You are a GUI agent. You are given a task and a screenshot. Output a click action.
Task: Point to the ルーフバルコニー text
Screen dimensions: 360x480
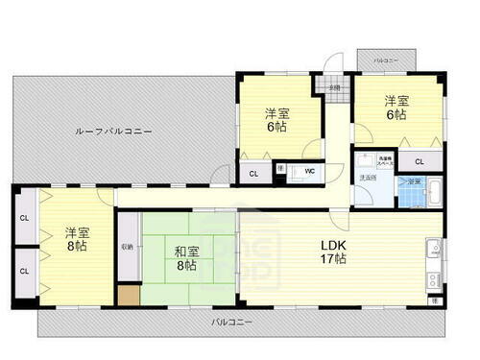pyautogui.click(x=114, y=131)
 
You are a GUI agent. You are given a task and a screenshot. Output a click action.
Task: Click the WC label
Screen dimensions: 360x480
pyautogui.click(x=309, y=172)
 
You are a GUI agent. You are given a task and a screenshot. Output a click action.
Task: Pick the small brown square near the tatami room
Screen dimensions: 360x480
pyautogui.click(x=129, y=295)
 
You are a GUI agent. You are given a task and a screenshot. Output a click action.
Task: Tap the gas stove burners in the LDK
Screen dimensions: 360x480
pyautogui.click(x=433, y=281)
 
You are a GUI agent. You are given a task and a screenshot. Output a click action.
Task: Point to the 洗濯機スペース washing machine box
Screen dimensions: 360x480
pyautogui.click(x=384, y=161)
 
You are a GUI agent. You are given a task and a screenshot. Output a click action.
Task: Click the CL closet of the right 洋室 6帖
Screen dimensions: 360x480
pyautogui.click(x=420, y=161)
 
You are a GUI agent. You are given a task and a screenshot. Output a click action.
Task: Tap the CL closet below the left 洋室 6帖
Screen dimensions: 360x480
pyautogui.click(x=253, y=173)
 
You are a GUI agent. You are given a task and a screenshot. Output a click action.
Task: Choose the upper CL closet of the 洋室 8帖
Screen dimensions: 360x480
pyautogui.click(x=24, y=218)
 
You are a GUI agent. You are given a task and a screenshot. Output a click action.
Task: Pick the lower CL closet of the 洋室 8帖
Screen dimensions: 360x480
pyautogui.click(x=24, y=271)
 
